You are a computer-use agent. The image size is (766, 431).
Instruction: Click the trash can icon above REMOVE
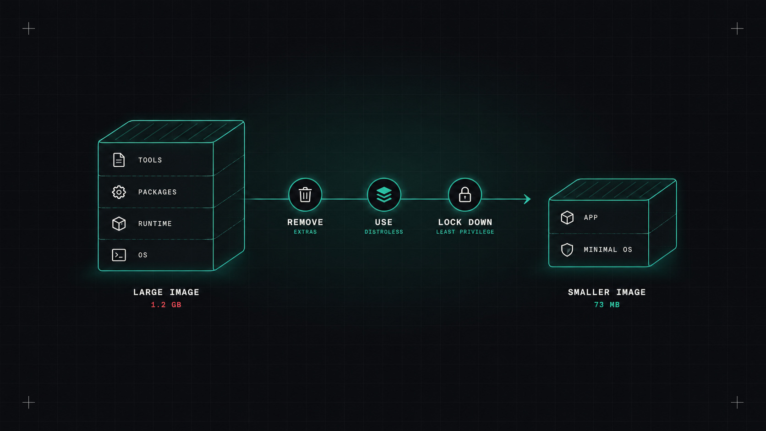pyautogui.click(x=305, y=195)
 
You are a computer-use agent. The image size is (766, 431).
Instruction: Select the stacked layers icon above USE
pyautogui.click(x=383, y=195)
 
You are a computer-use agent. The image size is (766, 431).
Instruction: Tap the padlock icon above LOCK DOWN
pyautogui.click(x=465, y=195)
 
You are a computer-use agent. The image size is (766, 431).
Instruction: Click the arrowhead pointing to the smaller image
pyautogui.click(x=527, y=199)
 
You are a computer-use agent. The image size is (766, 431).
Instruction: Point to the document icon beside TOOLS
pyautogui.click(x=119, y=160)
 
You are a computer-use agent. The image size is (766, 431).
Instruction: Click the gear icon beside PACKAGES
pyautogui.click(x=119, y=192)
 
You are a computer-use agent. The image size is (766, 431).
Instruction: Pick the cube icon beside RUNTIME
pyautogui.click(x=119, y=224)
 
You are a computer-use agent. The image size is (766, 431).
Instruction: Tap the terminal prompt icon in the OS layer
pyautogui.click(x=119, y=255)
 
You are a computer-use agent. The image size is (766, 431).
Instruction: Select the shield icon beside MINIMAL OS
pyautogui.click(x=567, y=250)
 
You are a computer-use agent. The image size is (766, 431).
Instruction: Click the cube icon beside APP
pyautogui.click(x=567, y=218)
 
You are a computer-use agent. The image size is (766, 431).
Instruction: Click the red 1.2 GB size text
pyautogui.click(x=166, y=305)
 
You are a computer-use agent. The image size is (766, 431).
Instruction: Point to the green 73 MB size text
pyautogui.click(x=607, y=305)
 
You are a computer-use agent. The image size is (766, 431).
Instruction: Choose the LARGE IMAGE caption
pyautogui.click(x=166, y=292)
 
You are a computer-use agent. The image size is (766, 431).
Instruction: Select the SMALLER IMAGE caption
pyautogui.click(x=607, y=292)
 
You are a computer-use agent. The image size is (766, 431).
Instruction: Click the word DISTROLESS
pyautogui.click(x=383, y=232)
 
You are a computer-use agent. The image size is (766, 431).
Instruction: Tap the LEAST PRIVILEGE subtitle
pyautogui.click(x=465, y=232)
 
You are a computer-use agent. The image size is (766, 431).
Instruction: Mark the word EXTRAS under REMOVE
pyautogui.click(x=306, y=232)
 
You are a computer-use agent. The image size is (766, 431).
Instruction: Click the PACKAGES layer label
pyautogui.click(x=157, y=192)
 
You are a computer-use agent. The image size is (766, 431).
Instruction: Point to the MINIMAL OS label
pyautogui.click(x=607, y=250)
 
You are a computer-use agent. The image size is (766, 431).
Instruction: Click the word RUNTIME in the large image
pyautogui.click(x=155, y=224)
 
